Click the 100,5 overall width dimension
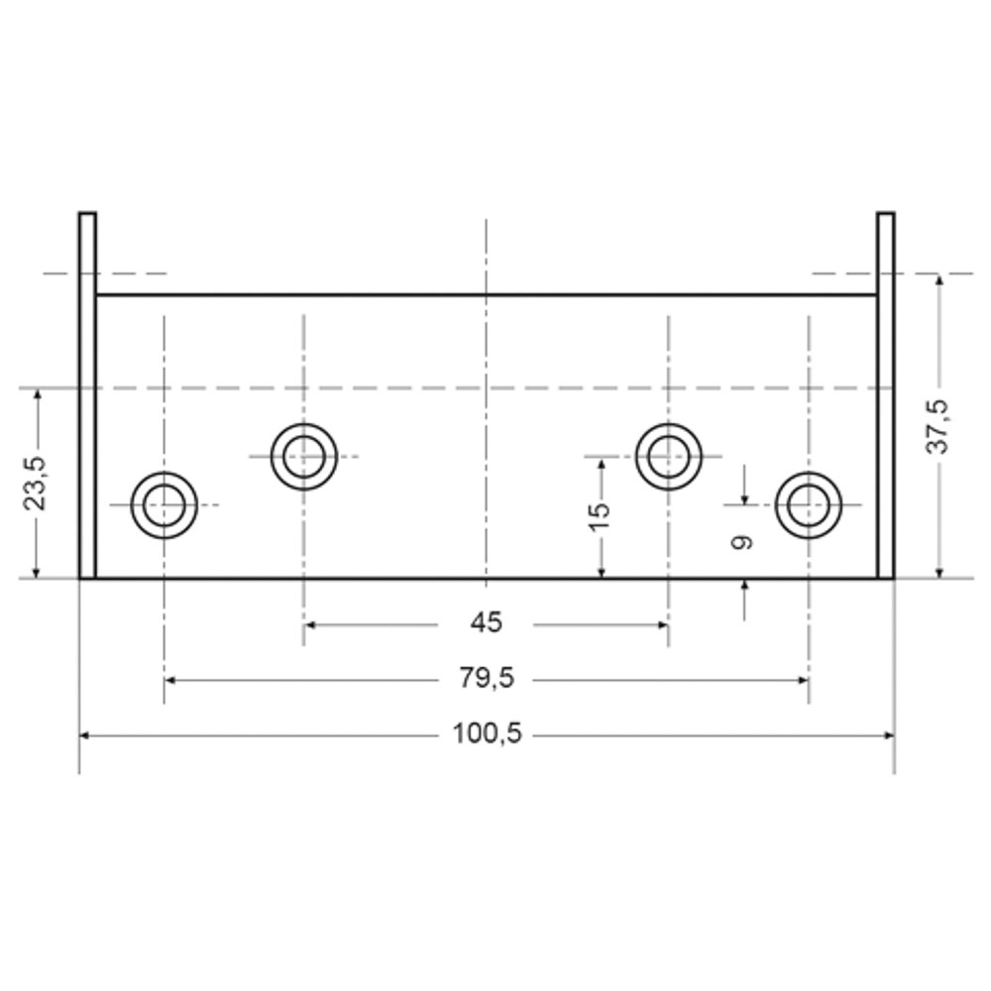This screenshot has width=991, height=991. (488, 733)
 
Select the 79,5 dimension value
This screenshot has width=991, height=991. (487, 678)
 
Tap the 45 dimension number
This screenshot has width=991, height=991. (486, 623)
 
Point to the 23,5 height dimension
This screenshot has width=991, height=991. (35, 483)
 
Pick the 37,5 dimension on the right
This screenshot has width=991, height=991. (937, 426)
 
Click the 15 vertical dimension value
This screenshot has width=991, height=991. (600, 517)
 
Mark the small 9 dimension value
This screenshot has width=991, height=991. (742, 542)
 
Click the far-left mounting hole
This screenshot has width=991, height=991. (165, 474)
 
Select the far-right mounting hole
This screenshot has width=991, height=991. (809, 474)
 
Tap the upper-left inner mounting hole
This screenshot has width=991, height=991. (304, 425)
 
